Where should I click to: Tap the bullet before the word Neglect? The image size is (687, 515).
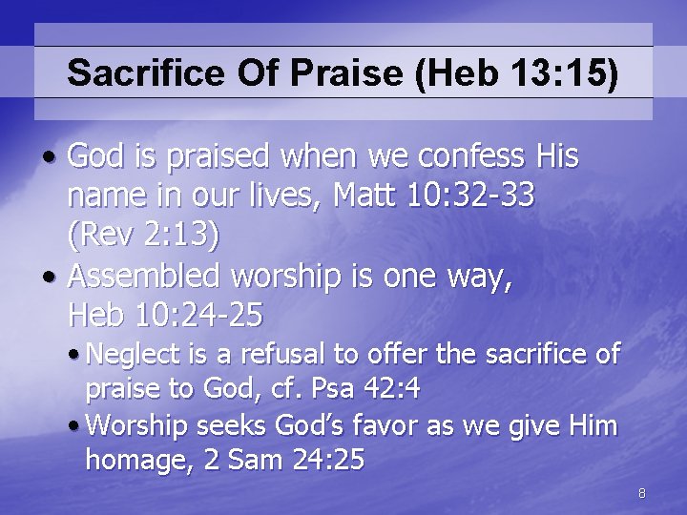[75, 356]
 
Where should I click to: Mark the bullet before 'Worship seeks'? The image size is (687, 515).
[75, 424]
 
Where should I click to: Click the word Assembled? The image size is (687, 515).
[153, 278]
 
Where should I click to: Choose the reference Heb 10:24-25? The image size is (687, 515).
[165, 314]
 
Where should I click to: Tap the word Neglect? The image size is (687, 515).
[131, 356]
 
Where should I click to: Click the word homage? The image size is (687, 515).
[130, 460]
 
